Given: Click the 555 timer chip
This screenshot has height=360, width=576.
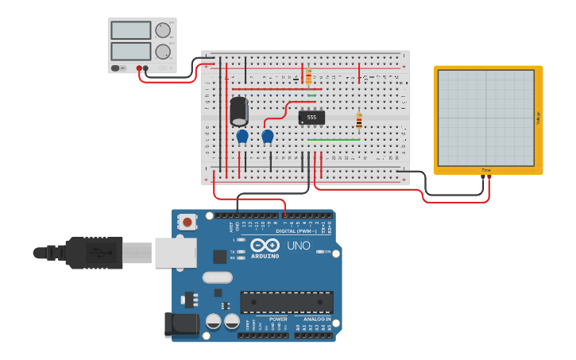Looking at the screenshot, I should click(x=311, y=118).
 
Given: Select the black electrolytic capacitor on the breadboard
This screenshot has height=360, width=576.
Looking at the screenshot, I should click(x=239, y=111).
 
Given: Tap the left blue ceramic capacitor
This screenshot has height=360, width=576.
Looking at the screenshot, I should click(x=242, y=137).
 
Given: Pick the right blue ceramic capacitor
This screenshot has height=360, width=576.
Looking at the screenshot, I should click(x=268, y=137).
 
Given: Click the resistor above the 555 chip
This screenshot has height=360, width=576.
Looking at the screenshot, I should click(x=308, y=76).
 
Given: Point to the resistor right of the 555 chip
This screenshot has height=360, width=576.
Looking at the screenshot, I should click(x=359, y=121).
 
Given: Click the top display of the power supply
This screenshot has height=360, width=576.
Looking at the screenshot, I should click(x=131, y=30).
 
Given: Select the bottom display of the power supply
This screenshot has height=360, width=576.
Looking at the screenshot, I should click(x=131, y=51).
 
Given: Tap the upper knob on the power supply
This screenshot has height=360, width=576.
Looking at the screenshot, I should click(x=163, y=30).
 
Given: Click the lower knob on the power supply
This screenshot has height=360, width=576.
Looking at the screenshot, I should click(x=163, y=52).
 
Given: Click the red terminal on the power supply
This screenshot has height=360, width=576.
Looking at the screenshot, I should click(x=139, y=68).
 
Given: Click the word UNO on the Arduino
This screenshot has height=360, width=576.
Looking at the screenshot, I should click(x=298, y=246).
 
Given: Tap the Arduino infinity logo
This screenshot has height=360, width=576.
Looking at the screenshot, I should click(x=265, y=245).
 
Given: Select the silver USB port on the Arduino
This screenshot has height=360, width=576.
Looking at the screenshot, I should click(x=175, y=253).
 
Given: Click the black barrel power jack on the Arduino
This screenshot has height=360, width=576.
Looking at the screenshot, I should click(x=179, y=325).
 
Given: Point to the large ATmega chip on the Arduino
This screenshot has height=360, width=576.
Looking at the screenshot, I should click(x=287, y=302).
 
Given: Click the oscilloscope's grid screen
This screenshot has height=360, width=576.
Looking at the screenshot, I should click(x=485, y=118).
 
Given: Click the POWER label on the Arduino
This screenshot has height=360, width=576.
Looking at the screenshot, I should click(x=278, y=319).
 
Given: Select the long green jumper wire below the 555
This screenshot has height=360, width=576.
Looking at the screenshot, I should click(x=333, y=140).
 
